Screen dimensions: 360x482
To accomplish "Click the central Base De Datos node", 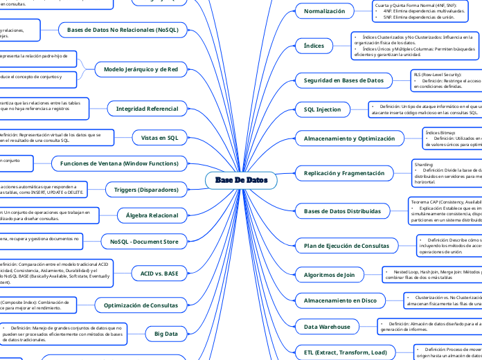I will point(241,181).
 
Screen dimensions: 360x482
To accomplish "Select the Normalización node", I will point(324,11).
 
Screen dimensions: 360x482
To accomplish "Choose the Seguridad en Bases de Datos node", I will point(343,80).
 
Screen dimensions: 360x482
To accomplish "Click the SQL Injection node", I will point(323,109).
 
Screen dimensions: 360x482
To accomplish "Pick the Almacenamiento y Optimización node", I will point(350,138).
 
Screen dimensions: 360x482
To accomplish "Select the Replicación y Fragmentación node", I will point(344,173).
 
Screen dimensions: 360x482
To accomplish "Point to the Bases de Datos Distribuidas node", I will point(342,210).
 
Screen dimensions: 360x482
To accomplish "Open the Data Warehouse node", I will point(328,326).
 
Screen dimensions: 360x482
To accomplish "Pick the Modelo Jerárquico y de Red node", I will point(141,69).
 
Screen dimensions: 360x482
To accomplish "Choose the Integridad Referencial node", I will point(147,109).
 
